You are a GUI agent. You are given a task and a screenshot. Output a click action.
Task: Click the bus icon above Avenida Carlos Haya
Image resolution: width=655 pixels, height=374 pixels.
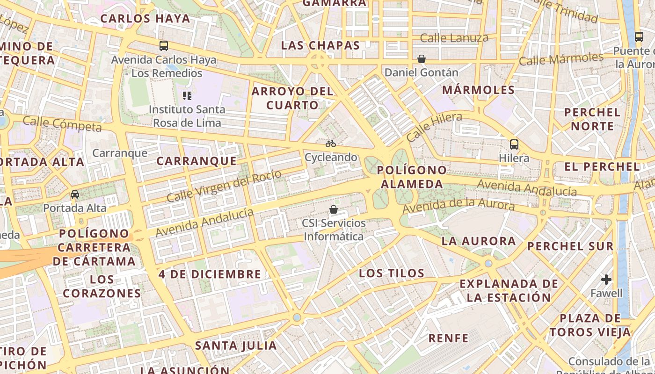point(164,46)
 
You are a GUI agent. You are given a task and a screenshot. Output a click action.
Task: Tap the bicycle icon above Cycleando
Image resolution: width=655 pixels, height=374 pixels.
point(331,144)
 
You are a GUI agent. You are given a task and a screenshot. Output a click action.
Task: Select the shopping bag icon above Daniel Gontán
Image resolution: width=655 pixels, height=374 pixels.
point(422,59)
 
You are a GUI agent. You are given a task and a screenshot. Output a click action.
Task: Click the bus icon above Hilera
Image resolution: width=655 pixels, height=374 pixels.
point(514,144)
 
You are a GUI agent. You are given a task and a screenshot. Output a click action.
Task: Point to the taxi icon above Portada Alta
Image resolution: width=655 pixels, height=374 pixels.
point(75,194)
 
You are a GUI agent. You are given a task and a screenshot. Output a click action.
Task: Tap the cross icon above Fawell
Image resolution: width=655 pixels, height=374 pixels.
point(606,280)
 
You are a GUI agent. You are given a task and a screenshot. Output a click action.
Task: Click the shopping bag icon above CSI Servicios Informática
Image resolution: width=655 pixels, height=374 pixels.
point(334,209)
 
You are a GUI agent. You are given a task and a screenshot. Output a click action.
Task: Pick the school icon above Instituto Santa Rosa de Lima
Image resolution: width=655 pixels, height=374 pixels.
point(187,96)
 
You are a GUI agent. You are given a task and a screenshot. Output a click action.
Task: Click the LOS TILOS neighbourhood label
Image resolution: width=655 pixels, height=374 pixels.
point(392,273)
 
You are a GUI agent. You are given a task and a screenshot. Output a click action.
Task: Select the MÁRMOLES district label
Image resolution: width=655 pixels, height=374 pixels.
point(478,90)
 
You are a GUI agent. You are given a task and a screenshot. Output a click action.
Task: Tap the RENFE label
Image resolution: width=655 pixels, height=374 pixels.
point(449,338)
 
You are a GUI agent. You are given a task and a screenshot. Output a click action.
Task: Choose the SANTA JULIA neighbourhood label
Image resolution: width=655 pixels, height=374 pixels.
point(236,346)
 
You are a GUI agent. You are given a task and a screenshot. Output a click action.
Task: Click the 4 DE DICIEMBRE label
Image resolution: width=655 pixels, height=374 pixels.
point(210,274)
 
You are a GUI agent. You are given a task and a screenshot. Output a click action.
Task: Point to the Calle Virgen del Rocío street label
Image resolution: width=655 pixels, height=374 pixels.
point(224,186)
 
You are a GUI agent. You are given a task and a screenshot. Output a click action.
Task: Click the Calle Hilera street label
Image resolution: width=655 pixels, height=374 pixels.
point(434,127)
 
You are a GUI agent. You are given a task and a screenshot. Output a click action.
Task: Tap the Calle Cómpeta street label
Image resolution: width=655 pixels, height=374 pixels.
point(62,124)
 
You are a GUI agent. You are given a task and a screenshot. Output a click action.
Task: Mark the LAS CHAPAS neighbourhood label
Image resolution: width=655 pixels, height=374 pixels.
point(320,45)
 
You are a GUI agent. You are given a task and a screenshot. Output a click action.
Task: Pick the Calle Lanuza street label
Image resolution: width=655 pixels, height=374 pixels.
point(454,38)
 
